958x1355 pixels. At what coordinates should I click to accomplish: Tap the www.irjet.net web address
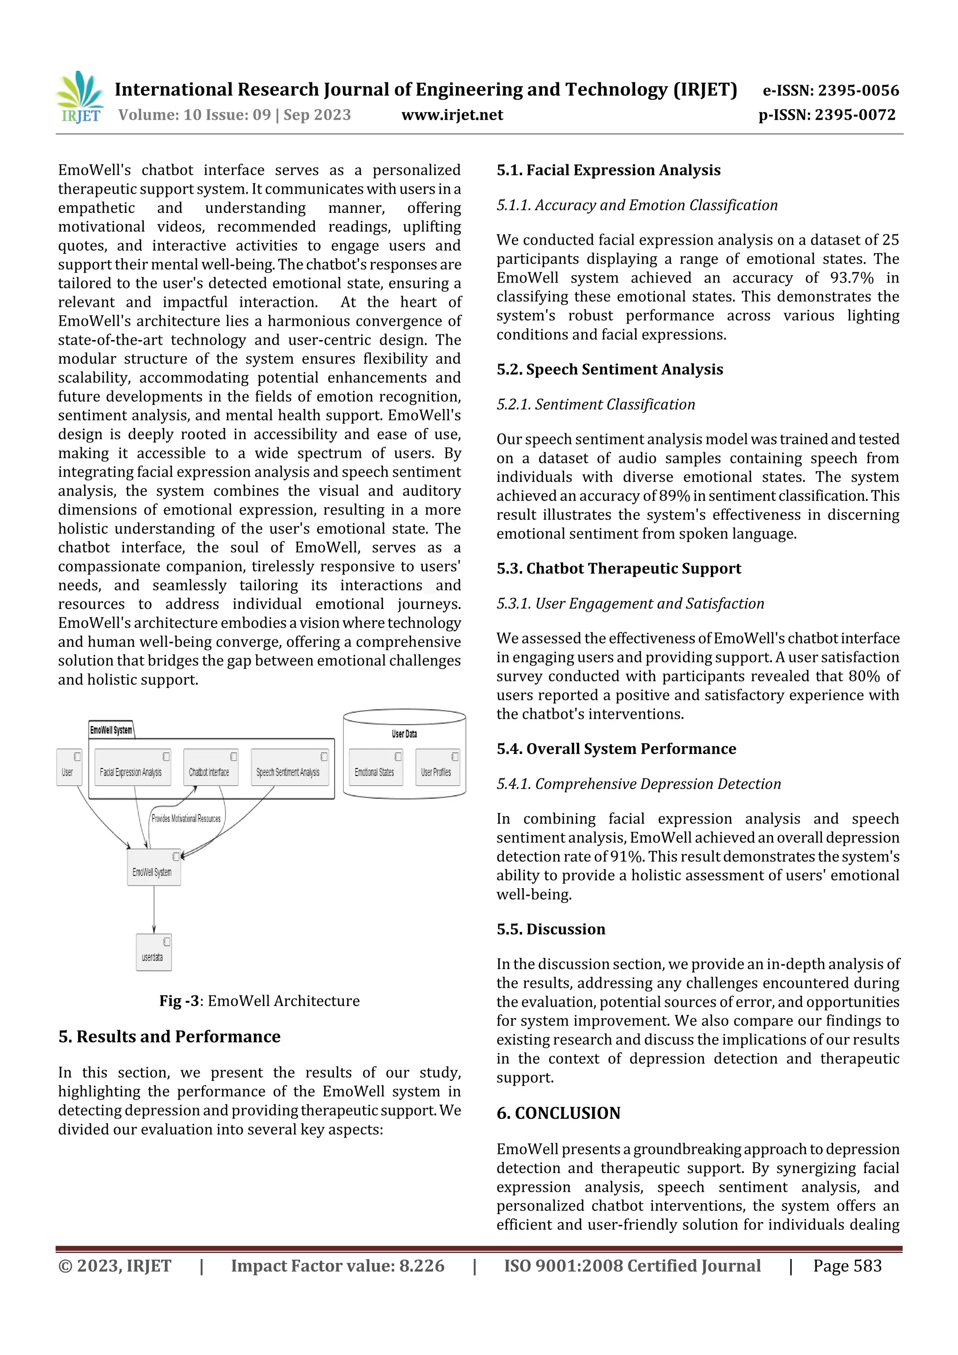pos(452,115)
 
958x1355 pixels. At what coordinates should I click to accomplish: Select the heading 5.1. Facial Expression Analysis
pos(608,171)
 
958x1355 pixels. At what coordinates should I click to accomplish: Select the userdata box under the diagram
pos(153,952)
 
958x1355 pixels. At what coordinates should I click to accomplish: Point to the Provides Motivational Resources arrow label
pos(186,819)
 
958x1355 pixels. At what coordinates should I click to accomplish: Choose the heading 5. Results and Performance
pos(169,1037)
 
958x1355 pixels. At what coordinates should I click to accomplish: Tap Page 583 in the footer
pos(847,1266)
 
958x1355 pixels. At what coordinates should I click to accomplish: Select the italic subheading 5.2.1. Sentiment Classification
pos(595,405)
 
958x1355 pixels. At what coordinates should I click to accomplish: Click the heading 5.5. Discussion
pos(551,929)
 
